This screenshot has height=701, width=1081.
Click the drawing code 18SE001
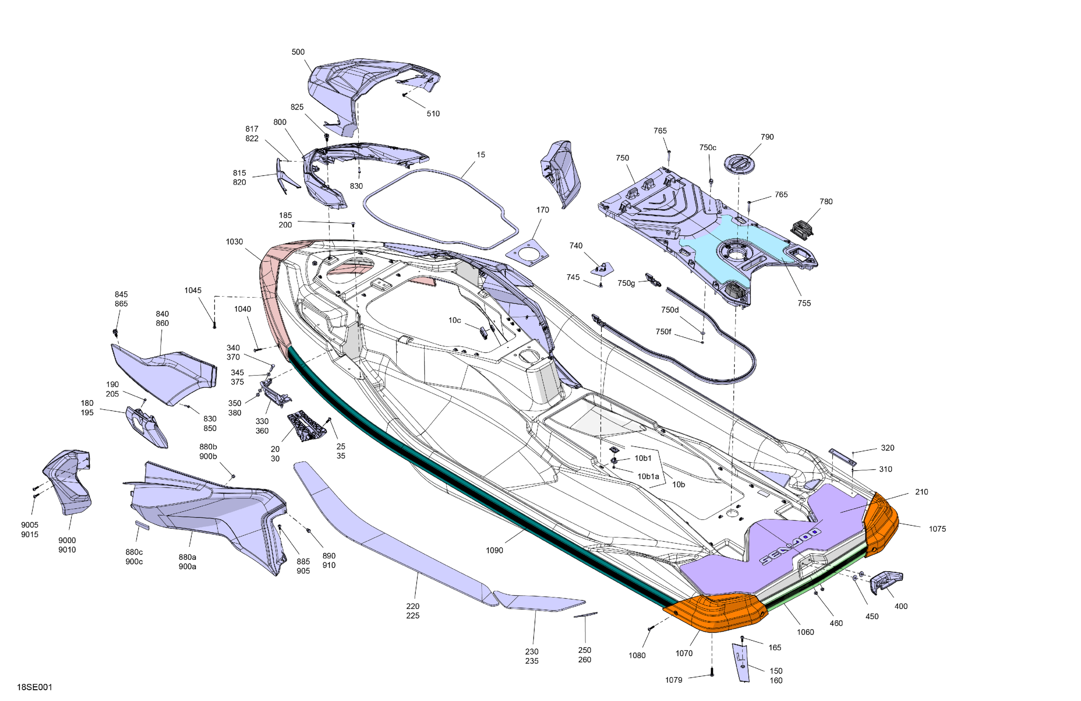click(35, 687)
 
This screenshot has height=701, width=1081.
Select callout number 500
click(298, 52)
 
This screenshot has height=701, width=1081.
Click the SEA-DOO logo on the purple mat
click(790, 546)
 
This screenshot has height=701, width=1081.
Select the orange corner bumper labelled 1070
click(715, 612)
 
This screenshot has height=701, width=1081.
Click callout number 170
click(542, 210)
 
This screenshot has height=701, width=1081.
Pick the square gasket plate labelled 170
click(528, 252)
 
